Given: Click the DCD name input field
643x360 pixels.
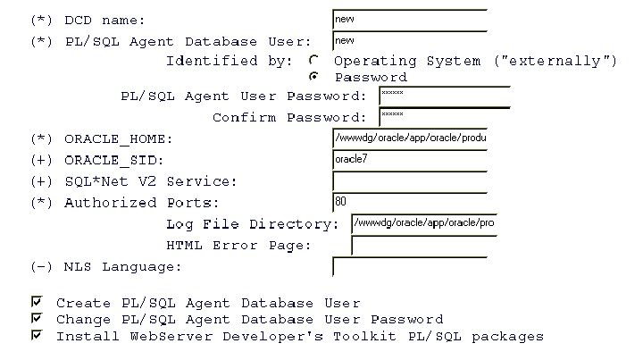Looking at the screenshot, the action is [410, 20].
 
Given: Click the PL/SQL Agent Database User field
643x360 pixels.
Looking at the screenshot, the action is [410, 41].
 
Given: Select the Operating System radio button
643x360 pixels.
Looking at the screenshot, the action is [313, 60].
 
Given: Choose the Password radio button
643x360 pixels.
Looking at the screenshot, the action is [313, 76].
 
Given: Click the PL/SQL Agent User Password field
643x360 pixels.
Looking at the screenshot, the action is [445, 96].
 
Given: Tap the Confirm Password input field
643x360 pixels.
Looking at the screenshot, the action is [445, 118].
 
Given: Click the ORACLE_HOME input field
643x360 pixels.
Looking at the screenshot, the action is [410, 138].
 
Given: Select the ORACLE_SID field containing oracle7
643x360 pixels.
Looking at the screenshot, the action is [410, 160].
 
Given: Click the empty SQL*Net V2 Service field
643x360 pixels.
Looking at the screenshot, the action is [410, 181].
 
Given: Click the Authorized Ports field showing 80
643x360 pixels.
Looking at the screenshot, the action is [410, 203].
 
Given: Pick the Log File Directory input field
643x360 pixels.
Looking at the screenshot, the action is [424, 224].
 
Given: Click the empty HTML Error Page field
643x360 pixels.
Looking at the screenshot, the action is [424, 245].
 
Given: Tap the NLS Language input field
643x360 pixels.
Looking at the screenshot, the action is [410, 267].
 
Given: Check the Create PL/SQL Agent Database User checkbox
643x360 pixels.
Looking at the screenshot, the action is [37, 302].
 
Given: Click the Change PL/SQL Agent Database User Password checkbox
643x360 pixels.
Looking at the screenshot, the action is [37, 318].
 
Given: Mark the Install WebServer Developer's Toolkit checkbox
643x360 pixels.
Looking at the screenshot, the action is [37, 335].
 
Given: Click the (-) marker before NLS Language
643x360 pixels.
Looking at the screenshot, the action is [41, 267].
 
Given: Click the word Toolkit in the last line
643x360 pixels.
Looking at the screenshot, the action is [364, 336].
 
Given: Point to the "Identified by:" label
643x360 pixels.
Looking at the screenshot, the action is [229, 61].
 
